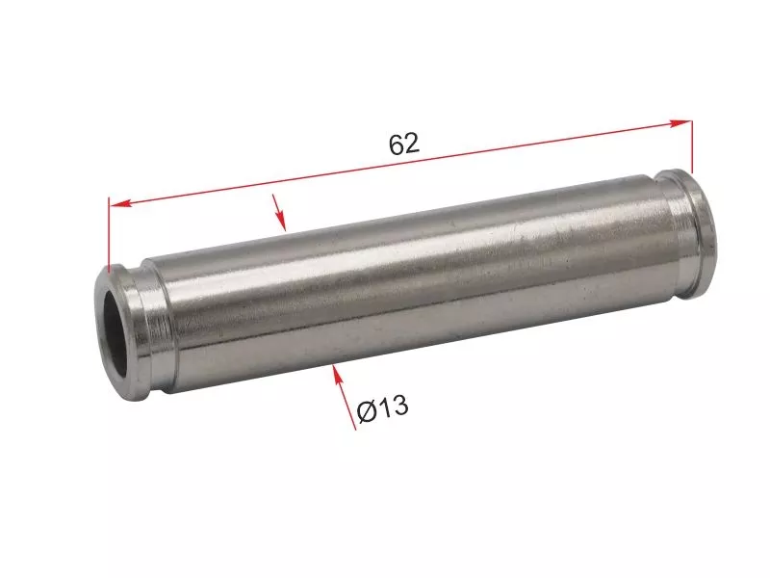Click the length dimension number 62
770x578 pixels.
404,144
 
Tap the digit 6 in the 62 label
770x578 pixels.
397,144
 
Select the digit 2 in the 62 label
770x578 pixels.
413,144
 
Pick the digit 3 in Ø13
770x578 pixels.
399,406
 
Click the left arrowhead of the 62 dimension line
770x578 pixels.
120,203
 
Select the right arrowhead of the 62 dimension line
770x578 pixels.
680,123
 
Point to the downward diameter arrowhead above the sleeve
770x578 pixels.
280,221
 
